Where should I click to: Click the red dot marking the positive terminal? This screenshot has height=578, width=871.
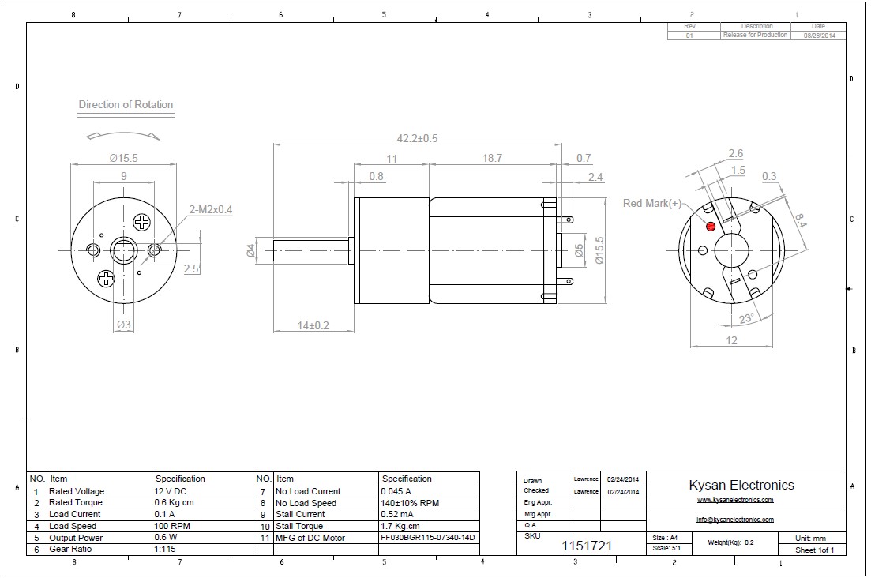pos(710,227)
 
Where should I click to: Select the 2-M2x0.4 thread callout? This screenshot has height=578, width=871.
pos(211,209)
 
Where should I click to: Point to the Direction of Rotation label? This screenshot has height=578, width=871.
pos(126,104)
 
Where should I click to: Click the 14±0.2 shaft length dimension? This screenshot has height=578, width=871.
pos(313,325)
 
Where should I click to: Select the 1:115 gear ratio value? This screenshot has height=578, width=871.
pos(164,549)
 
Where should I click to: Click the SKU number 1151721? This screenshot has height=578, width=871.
pos(587,546)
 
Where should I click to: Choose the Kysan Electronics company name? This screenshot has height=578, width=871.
pos(741,485)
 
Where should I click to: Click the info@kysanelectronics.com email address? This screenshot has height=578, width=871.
pos(734,520)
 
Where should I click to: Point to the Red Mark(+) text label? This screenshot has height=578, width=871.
pos(652,203)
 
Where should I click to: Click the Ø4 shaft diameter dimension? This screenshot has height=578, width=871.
pos(250,251)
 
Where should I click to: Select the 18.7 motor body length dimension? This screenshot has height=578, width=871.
pos(491,159)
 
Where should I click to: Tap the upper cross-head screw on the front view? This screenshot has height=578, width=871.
pos(142,223)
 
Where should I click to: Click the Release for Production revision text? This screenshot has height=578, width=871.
pos(756,35)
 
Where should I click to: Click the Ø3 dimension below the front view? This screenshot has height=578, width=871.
pos(124,325)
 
